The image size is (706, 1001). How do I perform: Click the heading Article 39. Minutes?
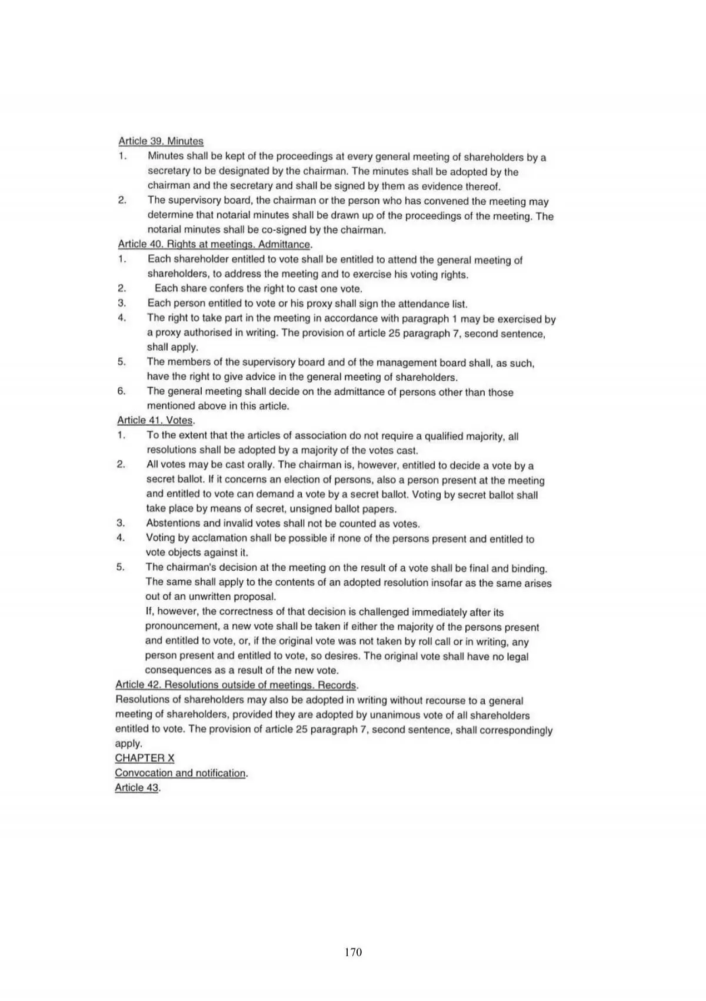(161, 141)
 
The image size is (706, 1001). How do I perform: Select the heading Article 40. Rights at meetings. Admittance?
(215, 244)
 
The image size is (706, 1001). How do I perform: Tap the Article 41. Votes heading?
(155, 420)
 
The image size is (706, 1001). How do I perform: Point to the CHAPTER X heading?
(145, 758)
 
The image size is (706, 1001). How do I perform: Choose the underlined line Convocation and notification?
(181, 773)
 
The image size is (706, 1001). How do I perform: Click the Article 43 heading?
(137, 787)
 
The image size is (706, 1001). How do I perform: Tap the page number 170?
(353, 952)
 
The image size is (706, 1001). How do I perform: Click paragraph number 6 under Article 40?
(122, 392)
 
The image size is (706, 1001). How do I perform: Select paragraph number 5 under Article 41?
(121, 567)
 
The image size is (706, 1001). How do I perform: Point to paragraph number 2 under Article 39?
(122, 201)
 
